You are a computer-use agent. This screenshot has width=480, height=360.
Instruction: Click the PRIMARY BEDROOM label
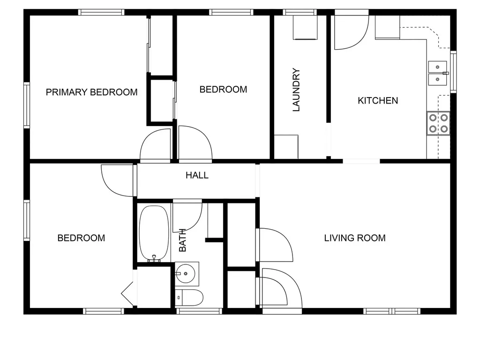pyautogui.click(x=91, y=92)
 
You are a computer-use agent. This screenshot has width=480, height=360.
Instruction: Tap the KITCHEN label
pyautogui.click(x=378, y=100)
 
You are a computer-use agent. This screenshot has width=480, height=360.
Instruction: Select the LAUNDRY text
pyautogui.click(x=296, y=90)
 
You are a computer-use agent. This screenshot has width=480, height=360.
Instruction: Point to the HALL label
pyautogui.click(x=197, y=175)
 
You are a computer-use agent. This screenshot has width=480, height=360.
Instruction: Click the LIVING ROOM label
pyautogui.click(x=355, y=238)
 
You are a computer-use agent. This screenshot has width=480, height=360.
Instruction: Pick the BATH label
pyautogui.click(x=182, y=240)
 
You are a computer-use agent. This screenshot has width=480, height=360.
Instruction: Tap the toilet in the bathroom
pyautogui.click(x=189, y=297)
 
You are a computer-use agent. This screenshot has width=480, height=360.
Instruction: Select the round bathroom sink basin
pyautogui.click(x=185, y=273)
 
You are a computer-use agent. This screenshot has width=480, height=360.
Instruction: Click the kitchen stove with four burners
pyautogui.click(x=438, y=123)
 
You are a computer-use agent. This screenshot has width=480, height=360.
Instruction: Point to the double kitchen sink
pyautogui.click(x=438, y=74)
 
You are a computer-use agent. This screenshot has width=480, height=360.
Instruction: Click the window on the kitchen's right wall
pyautogui.click(x=453, y=72)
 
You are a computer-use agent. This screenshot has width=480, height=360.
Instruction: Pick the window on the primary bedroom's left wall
pyautogui.click(x=27, y=105)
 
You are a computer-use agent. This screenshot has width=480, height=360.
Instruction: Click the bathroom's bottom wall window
pyautogui.click(x=199, y=311)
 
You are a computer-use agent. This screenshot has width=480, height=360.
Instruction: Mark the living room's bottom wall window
pyautogui.click(x=392, y=311)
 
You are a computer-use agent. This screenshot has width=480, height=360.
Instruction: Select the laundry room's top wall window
pyautogui.click(x=300, y=12)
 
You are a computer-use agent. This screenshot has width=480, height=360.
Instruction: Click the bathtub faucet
pyautogui.click(x=154, y=259)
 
